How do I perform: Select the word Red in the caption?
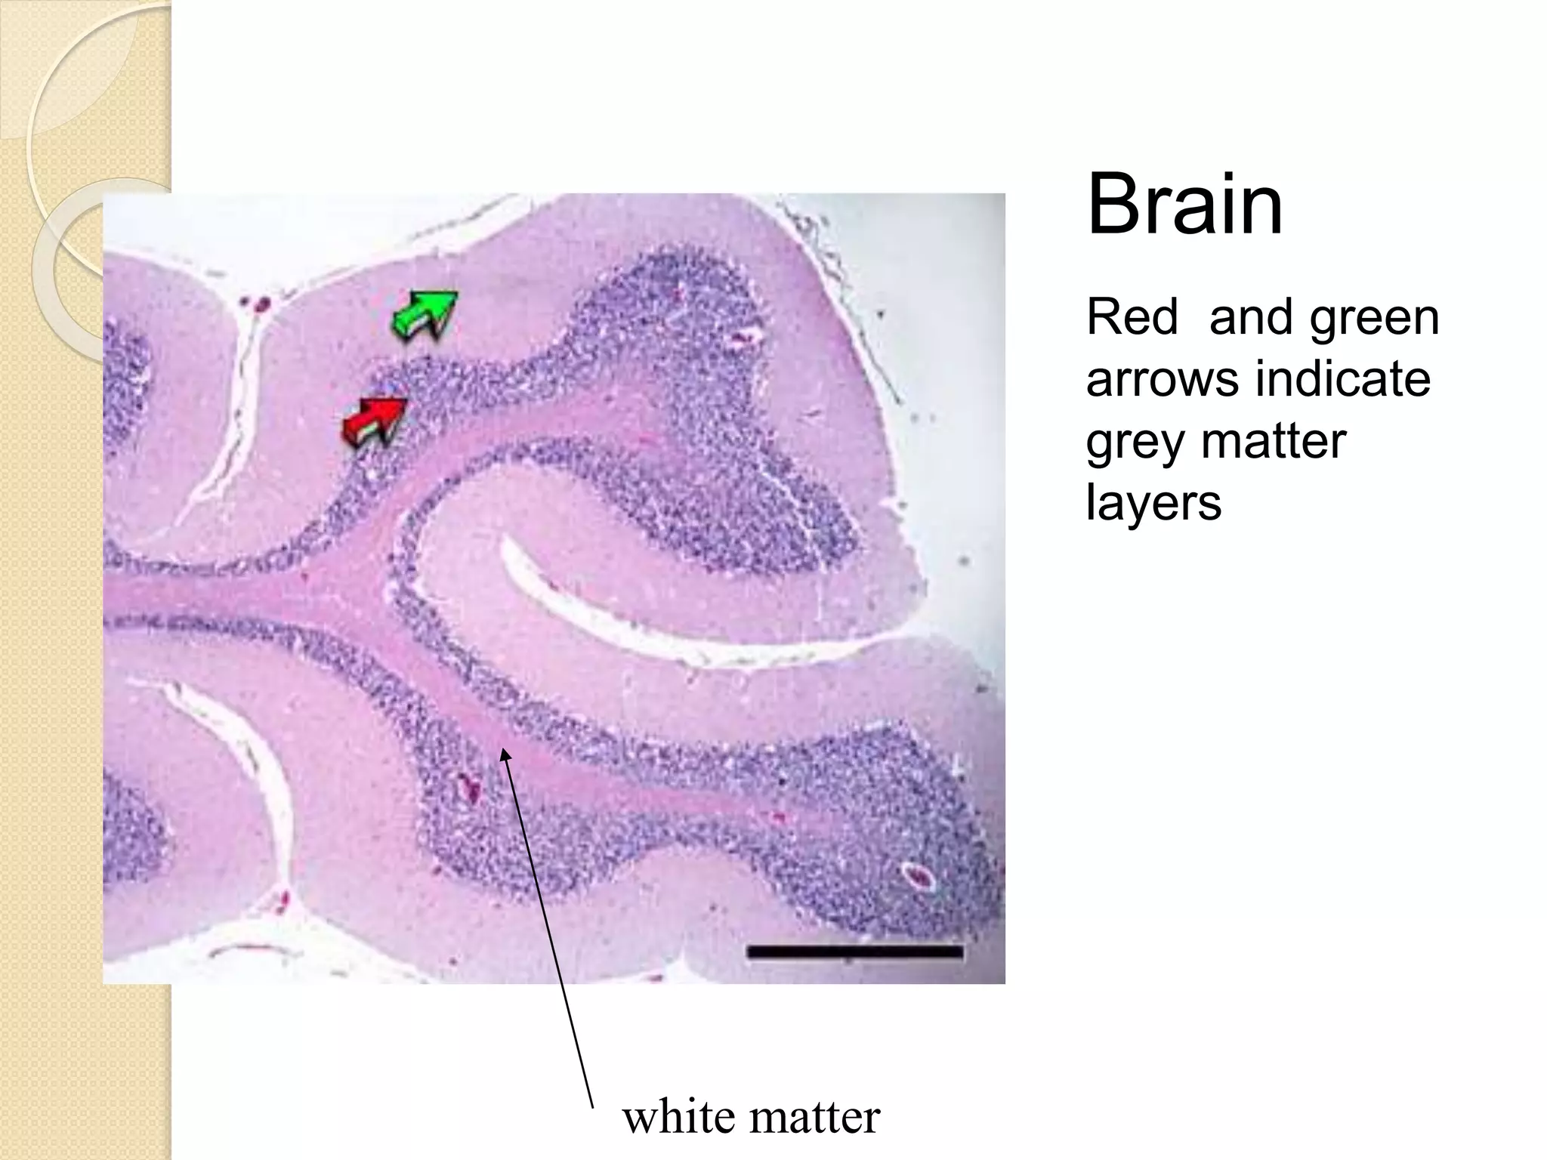1132,317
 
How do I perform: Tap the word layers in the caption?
1153,502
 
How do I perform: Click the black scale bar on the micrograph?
854,952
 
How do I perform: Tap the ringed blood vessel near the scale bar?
919,876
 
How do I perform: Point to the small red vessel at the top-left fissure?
261,304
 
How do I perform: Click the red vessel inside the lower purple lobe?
470,790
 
